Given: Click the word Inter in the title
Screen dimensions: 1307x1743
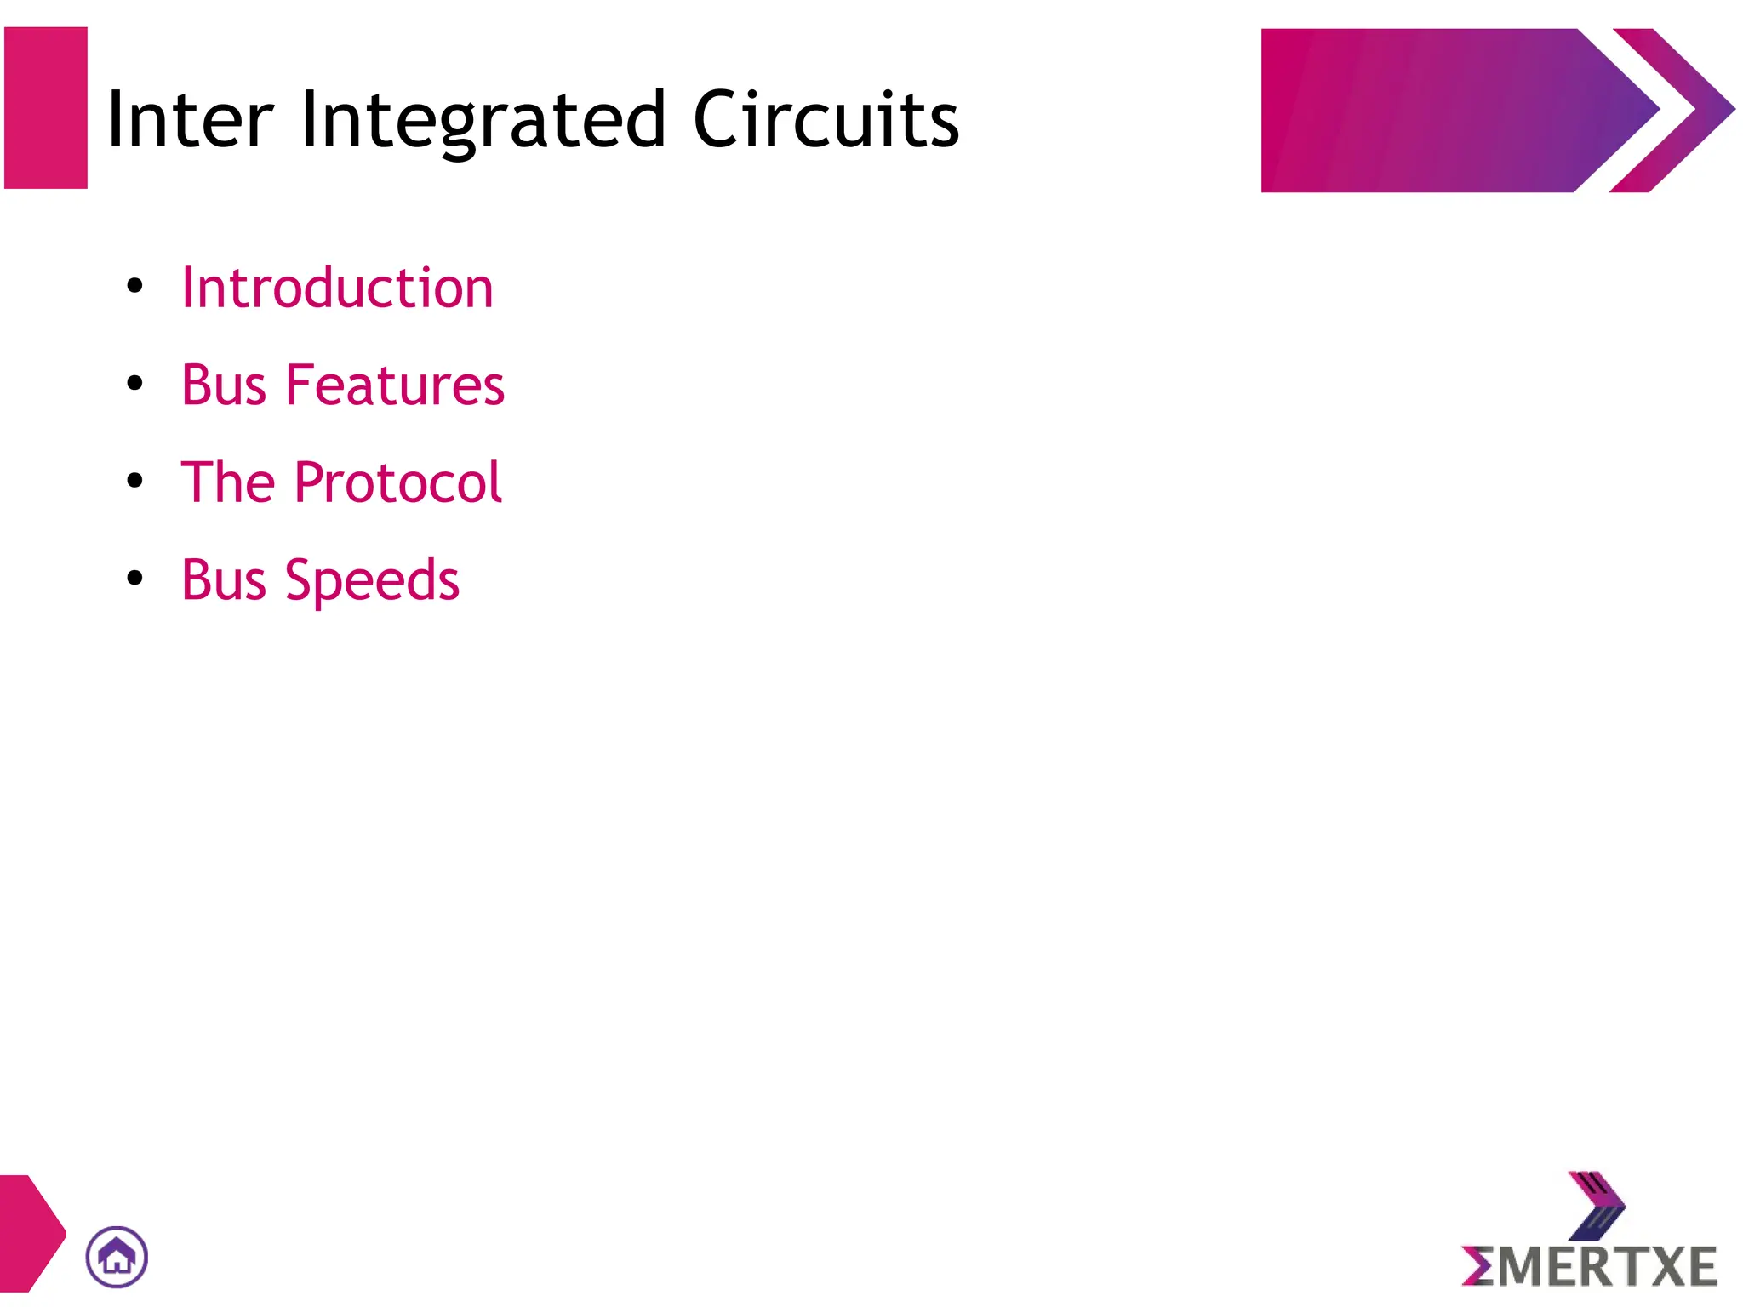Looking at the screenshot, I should [190, 120].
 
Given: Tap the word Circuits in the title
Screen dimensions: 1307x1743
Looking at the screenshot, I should [826, 120].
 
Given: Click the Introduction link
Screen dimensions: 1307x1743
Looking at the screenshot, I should [337, 288].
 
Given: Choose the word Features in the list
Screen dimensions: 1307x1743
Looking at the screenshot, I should [394, 385].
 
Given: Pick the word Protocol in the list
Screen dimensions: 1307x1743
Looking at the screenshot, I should [397, 482].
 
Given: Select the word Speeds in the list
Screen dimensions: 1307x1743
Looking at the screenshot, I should [372, 580].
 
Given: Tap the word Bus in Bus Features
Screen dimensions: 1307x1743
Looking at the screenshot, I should [224, 385].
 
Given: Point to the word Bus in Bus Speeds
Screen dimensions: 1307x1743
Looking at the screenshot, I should [224, 580].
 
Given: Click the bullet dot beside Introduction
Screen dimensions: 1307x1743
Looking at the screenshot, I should [134, 286].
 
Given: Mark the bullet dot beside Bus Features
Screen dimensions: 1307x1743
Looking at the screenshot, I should [134, 384].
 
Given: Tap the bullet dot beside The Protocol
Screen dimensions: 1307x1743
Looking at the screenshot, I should [134, 481].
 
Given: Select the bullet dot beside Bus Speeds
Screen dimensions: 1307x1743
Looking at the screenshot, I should [134, 579].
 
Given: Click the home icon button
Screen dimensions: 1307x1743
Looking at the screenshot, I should [117, 1257].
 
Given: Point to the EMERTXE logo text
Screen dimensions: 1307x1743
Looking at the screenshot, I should [1590, 1267].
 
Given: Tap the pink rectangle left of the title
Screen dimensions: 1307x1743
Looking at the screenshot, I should [46, 108].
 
